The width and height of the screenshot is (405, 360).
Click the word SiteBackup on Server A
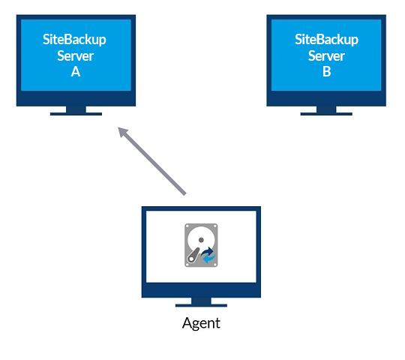[74, 40]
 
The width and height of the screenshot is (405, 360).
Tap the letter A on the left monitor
[76, 71]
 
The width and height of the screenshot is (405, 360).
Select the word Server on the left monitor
[76, 55]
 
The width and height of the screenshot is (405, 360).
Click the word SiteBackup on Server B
[326, 40]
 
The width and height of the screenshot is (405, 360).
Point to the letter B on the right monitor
[327, 71]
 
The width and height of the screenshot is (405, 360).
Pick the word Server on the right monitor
[326, 55]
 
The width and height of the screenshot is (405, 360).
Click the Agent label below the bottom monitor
[201, 323]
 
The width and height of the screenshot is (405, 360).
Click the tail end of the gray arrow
[185, 194]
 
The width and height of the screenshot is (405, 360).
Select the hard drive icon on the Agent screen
[201, 245]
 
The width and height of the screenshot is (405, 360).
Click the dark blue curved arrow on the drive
[208, 251]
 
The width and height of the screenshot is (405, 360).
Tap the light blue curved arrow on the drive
[209, 259]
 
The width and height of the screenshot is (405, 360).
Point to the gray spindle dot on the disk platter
[201, 240]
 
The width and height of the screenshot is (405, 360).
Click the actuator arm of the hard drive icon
[193, 255]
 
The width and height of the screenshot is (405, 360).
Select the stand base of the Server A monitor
[76, 114]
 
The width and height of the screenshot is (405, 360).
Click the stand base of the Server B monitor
[326, 114]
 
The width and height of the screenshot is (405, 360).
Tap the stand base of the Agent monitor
[201, 305]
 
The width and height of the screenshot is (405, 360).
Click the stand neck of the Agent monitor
[201, 301]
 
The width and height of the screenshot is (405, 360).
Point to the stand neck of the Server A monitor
[76, 109]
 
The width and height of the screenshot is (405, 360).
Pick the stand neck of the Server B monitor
[326, 109]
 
